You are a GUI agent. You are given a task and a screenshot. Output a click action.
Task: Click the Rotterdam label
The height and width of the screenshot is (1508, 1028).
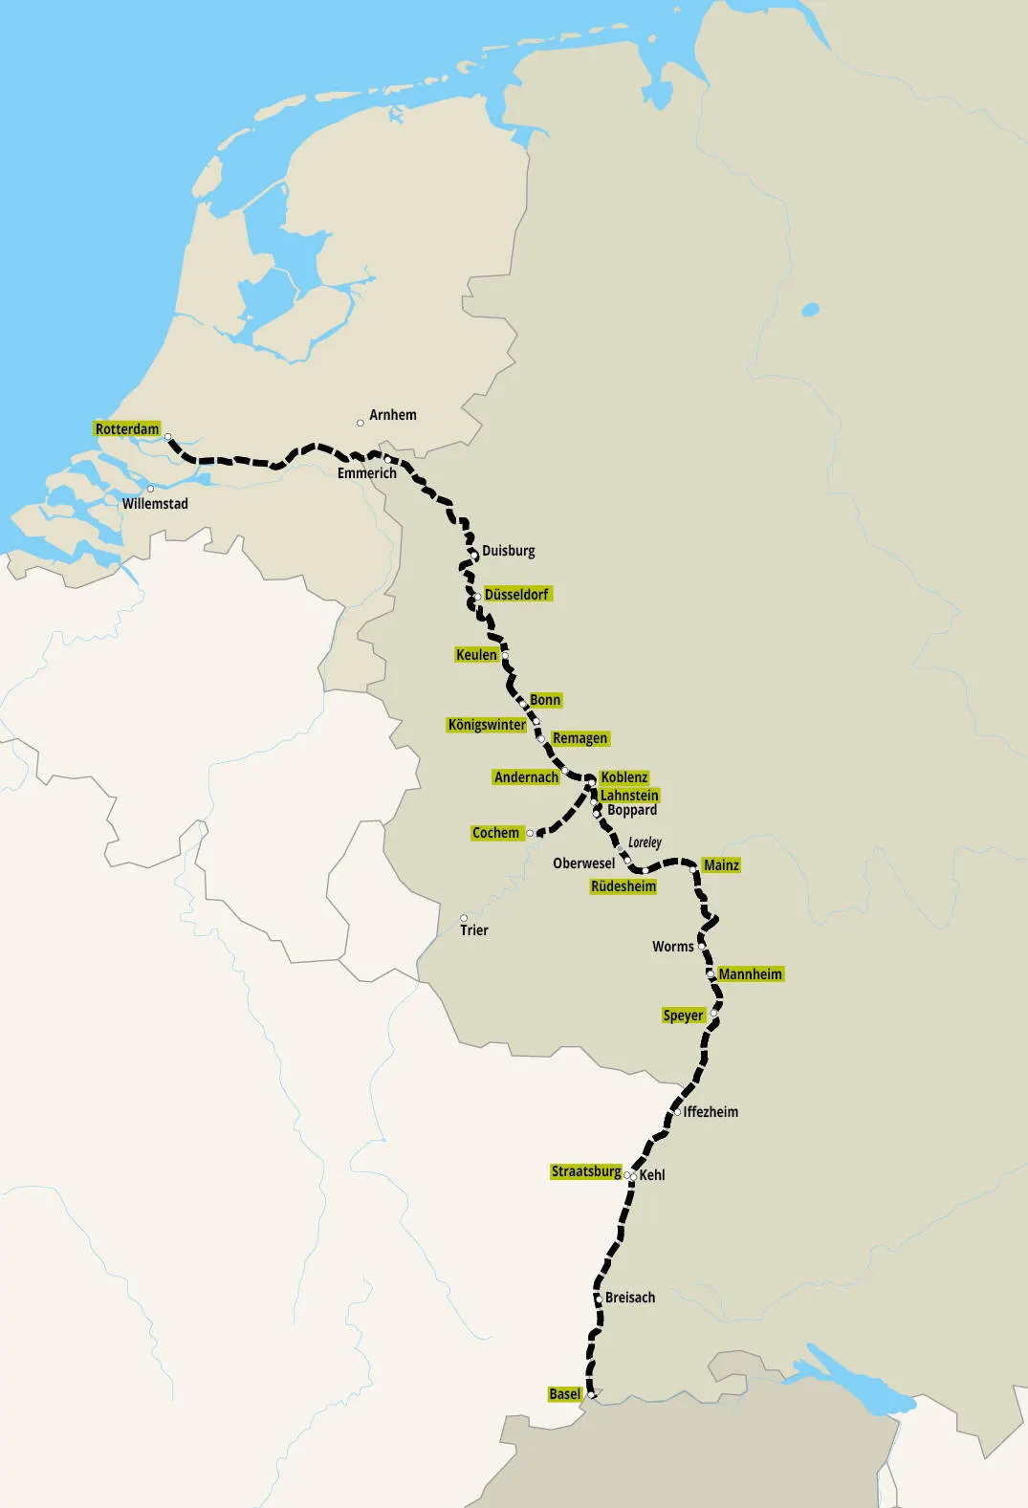(127, 428)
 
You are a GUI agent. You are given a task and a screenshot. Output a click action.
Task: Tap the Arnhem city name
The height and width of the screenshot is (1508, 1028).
(392, 415)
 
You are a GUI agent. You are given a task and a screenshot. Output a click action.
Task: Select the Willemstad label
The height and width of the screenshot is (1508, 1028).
(155, 504)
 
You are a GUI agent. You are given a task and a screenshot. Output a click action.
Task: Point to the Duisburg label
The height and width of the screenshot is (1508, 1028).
(508, 551)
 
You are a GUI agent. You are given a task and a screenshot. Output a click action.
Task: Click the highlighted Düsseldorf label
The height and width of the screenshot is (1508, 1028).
(516, 595)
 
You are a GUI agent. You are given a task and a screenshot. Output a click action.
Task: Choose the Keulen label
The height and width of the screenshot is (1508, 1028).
(476, 655)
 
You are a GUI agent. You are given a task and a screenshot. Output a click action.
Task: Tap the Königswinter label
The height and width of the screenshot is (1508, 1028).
(486, 725)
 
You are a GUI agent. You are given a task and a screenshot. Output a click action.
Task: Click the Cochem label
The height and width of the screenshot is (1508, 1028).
(495, 833)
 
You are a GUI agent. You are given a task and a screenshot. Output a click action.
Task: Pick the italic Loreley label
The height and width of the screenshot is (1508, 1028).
(645, 842)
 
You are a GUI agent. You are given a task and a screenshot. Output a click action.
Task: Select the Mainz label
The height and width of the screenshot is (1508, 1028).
(721, 865)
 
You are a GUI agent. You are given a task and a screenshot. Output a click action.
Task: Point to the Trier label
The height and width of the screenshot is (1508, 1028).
(473, 930)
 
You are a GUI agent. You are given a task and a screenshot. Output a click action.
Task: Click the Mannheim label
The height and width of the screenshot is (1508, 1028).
(750, 974)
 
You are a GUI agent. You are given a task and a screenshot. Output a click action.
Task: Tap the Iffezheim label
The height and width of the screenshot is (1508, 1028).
(711, 1112)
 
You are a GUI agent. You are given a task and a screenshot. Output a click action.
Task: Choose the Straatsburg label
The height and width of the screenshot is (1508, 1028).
(586, 1171)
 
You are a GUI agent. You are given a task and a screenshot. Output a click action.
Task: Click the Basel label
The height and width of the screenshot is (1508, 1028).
(564, 1394)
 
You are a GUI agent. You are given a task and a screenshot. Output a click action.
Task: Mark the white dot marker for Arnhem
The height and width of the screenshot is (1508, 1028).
(361, 423)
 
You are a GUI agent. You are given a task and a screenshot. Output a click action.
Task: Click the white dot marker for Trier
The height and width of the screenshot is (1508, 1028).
(464, 918)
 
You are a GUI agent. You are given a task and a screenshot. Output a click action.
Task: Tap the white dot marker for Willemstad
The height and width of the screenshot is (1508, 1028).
(150, 489)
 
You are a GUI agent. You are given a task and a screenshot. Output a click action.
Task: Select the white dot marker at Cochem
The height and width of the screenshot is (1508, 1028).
(530, 834)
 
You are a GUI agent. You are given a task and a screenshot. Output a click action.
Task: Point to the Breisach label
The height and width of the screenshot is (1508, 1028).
(630, 1298)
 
